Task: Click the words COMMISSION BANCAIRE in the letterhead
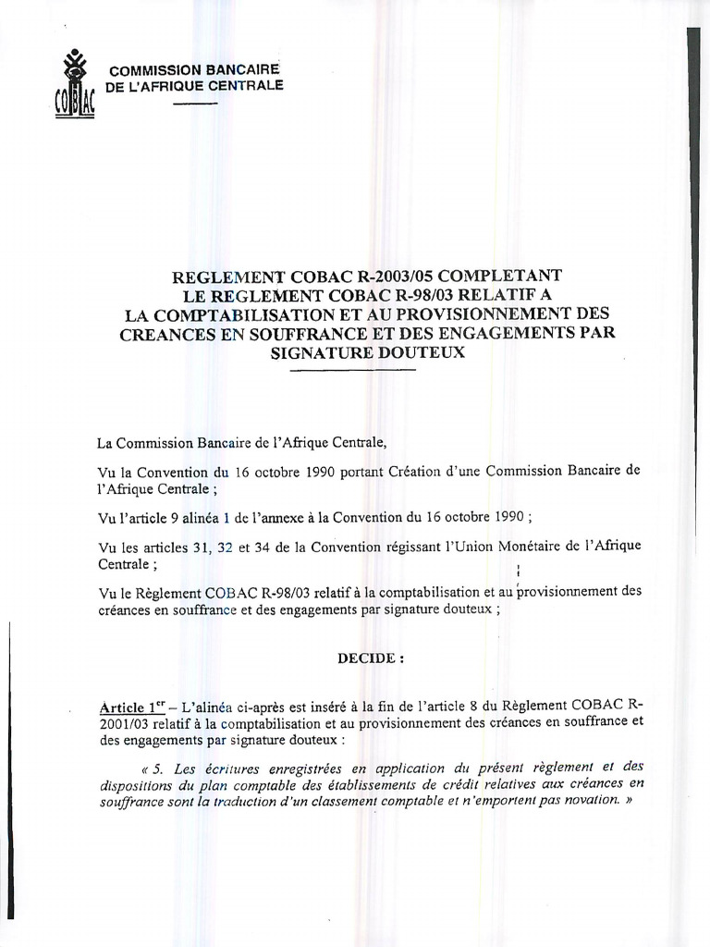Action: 194,70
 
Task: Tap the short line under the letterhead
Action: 194,103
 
